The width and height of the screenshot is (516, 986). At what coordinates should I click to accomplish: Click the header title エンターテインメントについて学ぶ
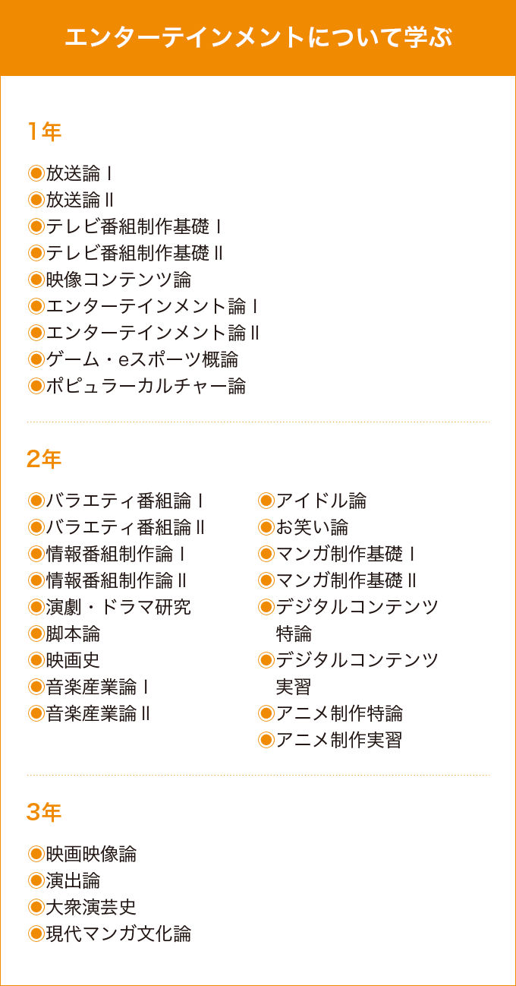click(x=258, y=37)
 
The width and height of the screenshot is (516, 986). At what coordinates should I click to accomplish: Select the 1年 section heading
click(x=44, y=131)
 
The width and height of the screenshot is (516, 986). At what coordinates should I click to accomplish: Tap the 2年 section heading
click(x=44, y=459)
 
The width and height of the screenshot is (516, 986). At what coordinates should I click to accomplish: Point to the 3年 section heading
click(x=44, y=812)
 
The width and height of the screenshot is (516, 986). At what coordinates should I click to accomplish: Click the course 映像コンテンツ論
click(x=119, y=280)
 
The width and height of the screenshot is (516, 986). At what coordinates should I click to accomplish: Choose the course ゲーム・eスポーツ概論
click(x=142, y=359)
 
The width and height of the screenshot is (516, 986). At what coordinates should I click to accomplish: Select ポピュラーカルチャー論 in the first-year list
click(x=146, y=386)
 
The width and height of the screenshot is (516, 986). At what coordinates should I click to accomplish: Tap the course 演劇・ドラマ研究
click(x=118, y=607)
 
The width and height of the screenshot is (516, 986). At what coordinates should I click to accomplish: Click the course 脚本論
click(x=73, y=634)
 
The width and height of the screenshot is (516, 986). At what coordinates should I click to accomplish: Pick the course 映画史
click(x=73, y=660)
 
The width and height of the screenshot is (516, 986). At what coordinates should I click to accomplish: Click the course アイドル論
click(x=321, y=501)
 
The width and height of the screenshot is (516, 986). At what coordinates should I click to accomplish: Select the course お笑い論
click(x=312, y=527)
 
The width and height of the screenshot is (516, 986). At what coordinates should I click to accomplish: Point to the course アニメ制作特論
click(x=339, y=713)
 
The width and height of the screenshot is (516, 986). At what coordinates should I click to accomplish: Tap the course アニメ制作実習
click(x=339, y=740)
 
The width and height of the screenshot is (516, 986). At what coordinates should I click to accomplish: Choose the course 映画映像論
click(x=92, y=854)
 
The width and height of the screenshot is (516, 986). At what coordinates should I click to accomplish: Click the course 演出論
click(x=73, y=880)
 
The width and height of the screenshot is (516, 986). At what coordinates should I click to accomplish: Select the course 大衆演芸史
click(x=92, y=907)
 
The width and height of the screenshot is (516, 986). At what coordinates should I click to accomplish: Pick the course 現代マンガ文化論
click(x=119, y=934)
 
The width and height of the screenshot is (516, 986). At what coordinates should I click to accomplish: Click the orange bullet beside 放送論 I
click(x=36, y=173)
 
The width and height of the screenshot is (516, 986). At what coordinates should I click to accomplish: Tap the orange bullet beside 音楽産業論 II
click(x=36, y=713)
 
